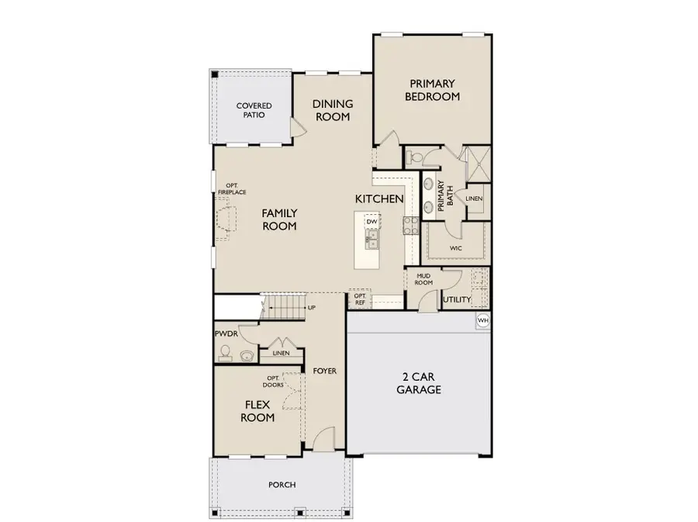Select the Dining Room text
pyautogui.click(x=332, y=110)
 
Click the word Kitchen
pyautogui.click(x=379, y=199)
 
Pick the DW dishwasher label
pyautogui.click(x=372, y=222)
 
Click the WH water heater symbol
pyautogui.click(x=482, y=321)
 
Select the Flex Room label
pyautogui.click(x=257, y=410)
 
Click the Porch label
pyautogui.click(x=282, y=485)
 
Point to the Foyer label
pyautogui.click(x=325, y=371)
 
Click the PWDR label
pyautogui.click(x=226, y=334)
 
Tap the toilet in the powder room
pyautogui.click(x=225, y=353)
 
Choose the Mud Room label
pyautogui.click(x=423, y=278)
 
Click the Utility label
pyautogui.click(x=457, y=299)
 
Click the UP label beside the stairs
pyautogui.click(x=312, y=308)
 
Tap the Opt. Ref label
pyautogui.click(x=360, y=299)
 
